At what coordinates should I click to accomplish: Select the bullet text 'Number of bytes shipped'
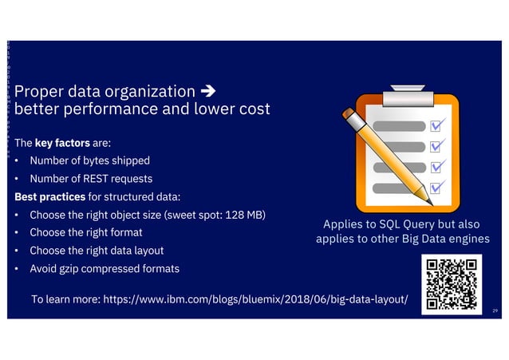[x=89, y=161]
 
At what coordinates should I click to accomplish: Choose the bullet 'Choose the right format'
[x=85, y=232]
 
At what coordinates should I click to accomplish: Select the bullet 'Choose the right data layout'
[x=96, y=251]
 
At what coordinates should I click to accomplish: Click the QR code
[x=451, y=283]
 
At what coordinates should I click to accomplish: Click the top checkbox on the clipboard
[x=437, y=125]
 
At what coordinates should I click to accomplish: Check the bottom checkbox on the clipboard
[x=437, y=188]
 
